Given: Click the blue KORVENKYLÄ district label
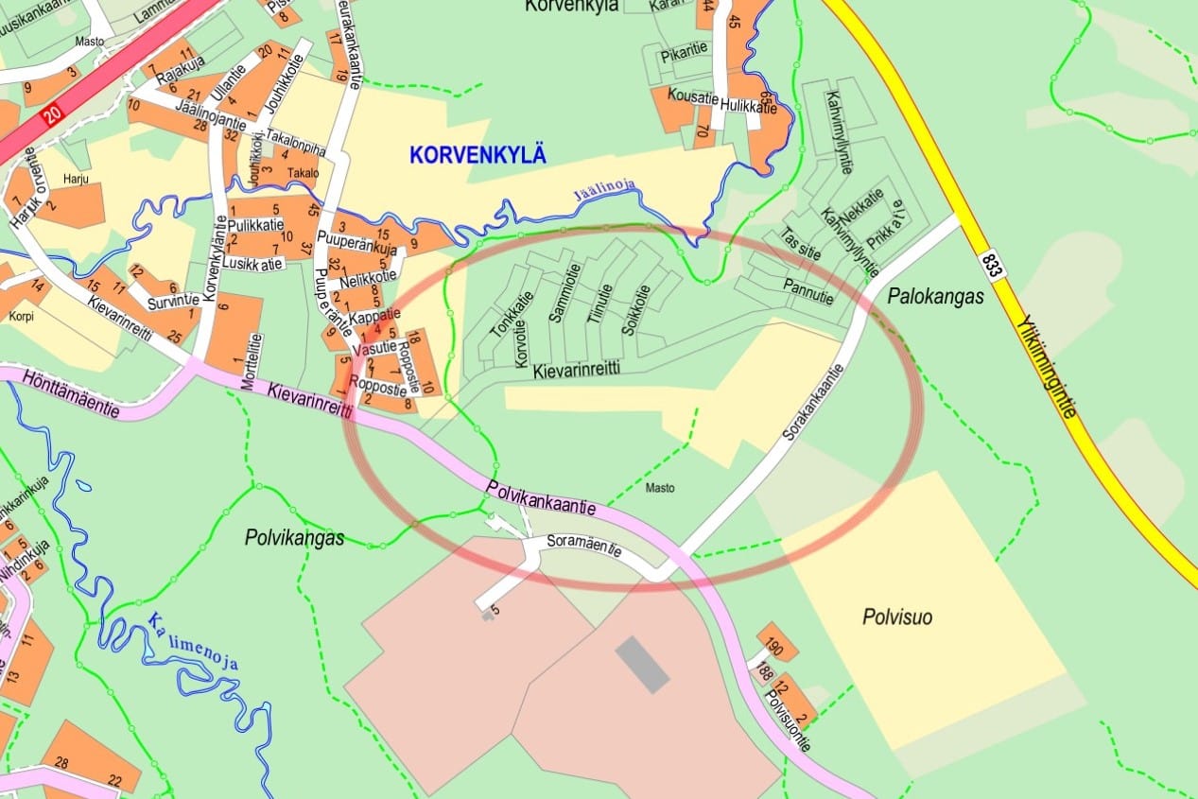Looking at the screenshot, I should click(x=477, y=155).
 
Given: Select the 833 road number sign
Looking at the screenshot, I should click(x=991, y=266).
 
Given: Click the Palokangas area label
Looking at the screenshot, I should click(x=936, y=297).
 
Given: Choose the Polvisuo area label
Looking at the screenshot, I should click(x=897, y=617).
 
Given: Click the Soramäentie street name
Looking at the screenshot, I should click(x=585, y=546).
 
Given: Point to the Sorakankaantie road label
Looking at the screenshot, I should click(x=813, y=404).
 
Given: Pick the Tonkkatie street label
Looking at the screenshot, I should click(x=499, y=315).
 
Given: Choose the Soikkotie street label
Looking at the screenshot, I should click(x=633, y=309).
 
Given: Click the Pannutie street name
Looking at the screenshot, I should click(x=808, y=287).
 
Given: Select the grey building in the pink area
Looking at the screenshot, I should click(x=642, y=664).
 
